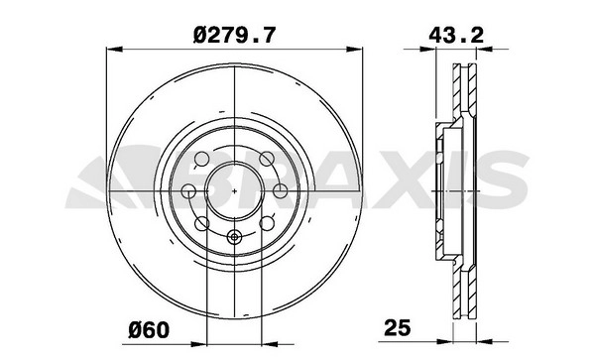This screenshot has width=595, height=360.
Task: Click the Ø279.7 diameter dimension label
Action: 233,36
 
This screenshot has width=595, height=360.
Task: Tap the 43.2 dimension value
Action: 456,36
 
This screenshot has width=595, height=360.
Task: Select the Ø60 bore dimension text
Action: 149,330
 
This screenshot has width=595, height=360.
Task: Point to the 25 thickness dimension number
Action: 398,327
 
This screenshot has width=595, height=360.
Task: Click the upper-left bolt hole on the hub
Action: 201,159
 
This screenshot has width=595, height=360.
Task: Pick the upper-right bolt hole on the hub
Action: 267,159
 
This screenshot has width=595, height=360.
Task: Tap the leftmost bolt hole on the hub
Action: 188,190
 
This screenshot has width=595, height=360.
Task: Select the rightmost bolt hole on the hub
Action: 280,190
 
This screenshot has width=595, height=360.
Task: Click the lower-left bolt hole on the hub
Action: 201,223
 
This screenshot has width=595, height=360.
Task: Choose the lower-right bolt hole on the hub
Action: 267,223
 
